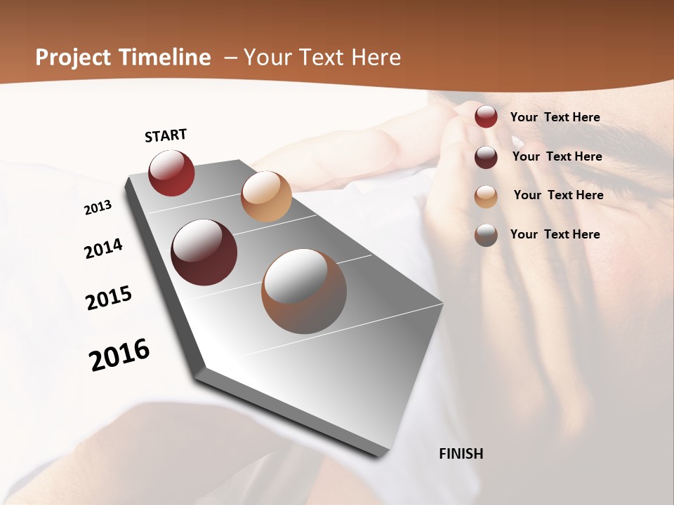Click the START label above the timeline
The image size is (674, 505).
coord(166,135)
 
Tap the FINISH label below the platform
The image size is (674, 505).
coord(461,454)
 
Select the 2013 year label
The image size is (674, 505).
coord(98,208)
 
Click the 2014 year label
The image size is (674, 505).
coord(104,249)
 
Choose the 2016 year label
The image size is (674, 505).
coord(119,355)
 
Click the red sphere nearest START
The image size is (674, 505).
coord(171,173)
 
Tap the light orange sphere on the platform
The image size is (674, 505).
coord(266,196)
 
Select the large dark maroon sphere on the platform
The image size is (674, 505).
coord(204,252)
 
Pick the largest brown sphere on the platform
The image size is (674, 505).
coord(304,291)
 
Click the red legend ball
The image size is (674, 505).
coord(486,116)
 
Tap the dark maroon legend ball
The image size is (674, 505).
coord(486,157)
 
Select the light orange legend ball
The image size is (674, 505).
coord(486,196)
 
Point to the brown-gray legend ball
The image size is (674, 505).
coord(486,235)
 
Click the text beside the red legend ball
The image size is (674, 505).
coord(555,117)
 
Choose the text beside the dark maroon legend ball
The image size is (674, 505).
coord(557,156)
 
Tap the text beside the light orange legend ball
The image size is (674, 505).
coord(558,195)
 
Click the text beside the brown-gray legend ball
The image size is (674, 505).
coord(555,234)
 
